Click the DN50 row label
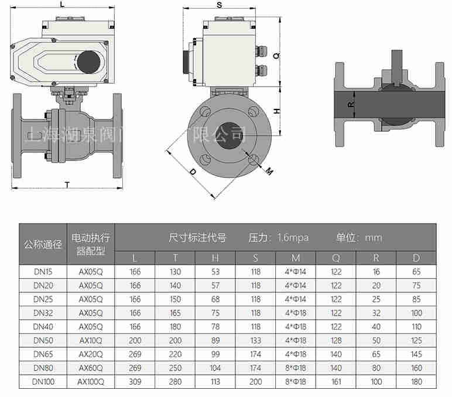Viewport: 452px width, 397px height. (x=43, y=340)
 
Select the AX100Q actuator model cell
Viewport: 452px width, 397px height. (x=91, y=382)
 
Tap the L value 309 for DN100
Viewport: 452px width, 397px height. (x=135, y=382)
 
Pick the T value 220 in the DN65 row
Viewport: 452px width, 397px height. (x=175, y=354)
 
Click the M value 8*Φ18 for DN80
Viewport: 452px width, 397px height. (x=296, y=368)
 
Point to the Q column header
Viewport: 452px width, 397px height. (x=335, y=258)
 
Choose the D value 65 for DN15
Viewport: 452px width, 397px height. (x=416, y=272)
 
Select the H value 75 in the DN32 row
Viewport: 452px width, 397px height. (x=215, y=313)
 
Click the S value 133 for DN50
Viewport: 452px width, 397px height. (x=256, y=340)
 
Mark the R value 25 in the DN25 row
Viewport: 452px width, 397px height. (x=376, y=299)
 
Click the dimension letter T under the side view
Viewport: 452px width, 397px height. (x=67, y=184)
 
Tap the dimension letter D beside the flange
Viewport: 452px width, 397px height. (x=192, y=172)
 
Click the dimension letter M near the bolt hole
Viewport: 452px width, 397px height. (x=269, y=171)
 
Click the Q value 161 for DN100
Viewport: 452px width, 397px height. (x=335, y=382)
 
